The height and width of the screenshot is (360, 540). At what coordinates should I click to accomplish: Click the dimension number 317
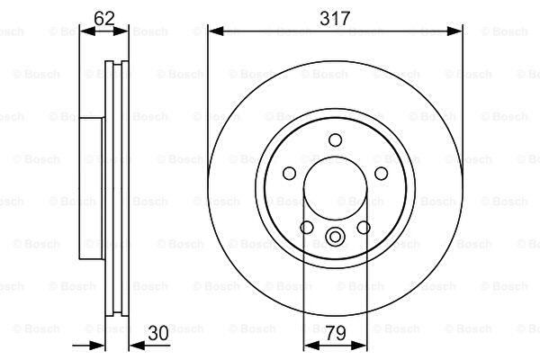(x=335, y=18)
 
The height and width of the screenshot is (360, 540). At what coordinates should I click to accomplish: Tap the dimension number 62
(x=104, y=18)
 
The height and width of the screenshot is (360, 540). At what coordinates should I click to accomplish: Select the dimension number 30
(x=158, y=333)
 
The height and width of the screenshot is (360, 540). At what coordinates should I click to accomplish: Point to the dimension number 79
(x=336, y=333)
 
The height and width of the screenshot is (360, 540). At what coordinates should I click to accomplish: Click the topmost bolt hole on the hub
(x=335, y=140)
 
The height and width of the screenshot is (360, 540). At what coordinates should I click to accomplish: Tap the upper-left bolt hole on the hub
(x=289, y=174)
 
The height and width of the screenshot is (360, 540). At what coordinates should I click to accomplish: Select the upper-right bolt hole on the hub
(x=382, y=174)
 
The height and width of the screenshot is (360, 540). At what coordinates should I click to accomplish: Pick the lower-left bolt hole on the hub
(x=307, y=228)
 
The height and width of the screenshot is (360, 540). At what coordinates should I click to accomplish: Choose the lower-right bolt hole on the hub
(x=364, y=228)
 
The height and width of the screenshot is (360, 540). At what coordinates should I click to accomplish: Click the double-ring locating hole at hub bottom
(x=335, y=237)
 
